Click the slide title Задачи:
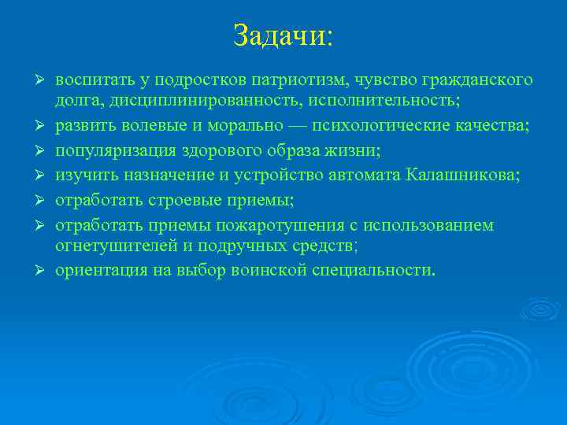click(283, 36)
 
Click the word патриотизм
click(304, 80)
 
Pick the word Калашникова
click(462, 175)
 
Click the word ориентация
click(98, 271)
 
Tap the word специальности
click(375, 271)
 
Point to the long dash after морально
click(294, 126)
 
